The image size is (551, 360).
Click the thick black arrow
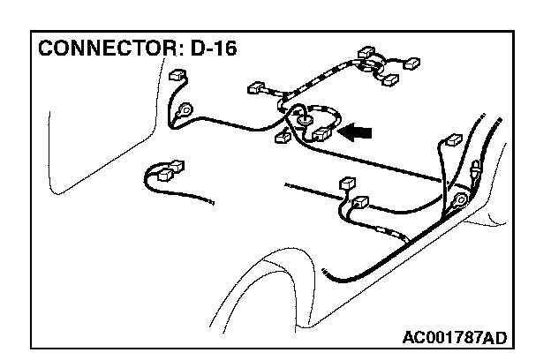(x=356, y=132)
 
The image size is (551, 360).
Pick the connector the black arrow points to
(x=321, y=134)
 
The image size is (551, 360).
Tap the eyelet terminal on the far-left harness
(x=185, y=112)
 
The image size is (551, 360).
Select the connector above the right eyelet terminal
(x=455, y=141)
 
